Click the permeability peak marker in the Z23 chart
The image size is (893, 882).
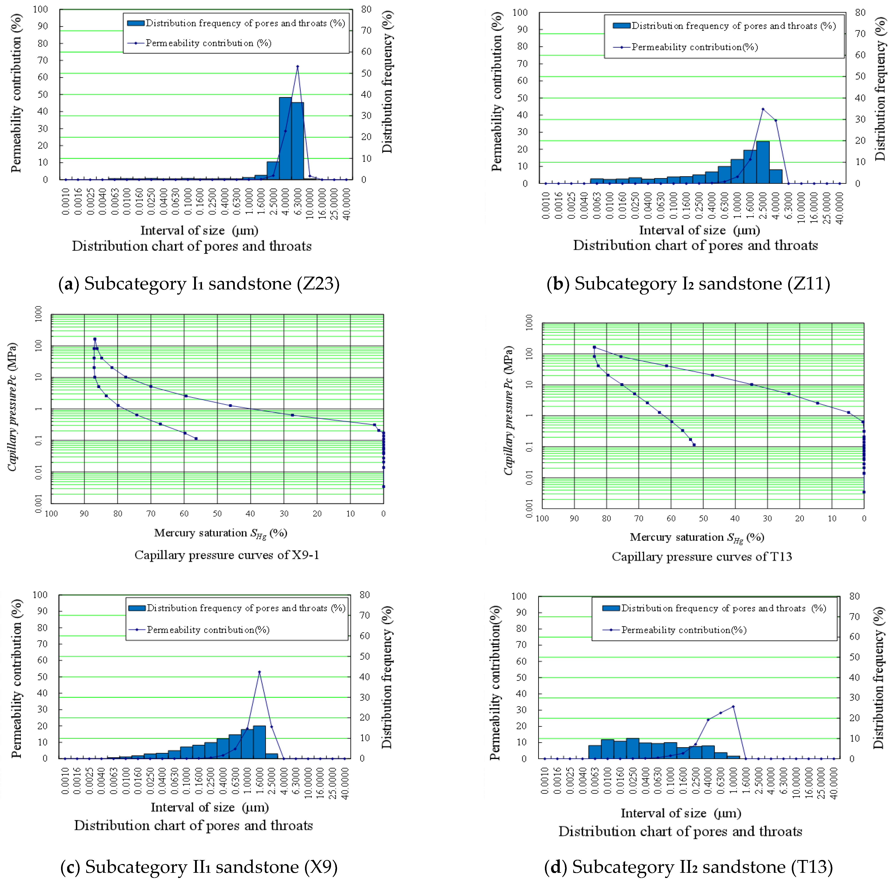coord(297,67)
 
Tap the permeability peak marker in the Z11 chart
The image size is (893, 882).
coord(763,109)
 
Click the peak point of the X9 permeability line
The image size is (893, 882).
coord(259,672)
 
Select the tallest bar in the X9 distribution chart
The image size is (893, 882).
coord(259,742)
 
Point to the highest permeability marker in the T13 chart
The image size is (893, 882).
coord(733,707)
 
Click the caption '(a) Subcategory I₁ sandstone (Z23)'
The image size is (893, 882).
coord(199,284)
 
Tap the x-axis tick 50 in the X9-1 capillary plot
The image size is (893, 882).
coord(217,513)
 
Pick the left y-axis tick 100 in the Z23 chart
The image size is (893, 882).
coord(40,9)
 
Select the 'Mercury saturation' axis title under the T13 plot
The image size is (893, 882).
coord(697,537)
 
